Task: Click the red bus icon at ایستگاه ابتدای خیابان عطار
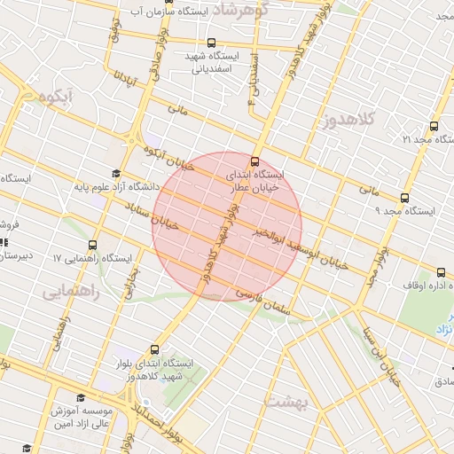click(255, 161)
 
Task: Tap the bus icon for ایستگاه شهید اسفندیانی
click(210, 43)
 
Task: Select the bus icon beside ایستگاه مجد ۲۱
click(434, 126)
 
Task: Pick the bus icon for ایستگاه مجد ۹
click(404, 198)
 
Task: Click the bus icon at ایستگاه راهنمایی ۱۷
click(93, 245)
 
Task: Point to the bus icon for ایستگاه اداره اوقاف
click(440, 270)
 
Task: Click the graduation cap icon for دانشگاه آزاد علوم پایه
click(115, 174)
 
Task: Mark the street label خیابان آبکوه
click(168, 158)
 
